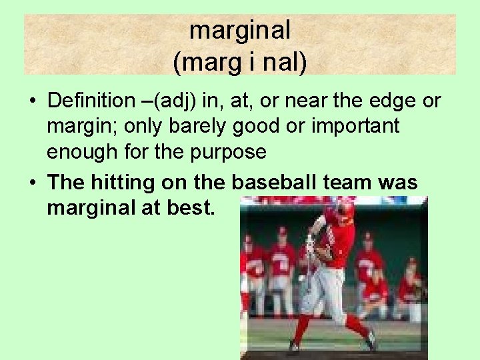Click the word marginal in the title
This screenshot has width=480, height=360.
click(x=240, y=30)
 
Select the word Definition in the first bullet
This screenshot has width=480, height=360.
click(x=91, y=101)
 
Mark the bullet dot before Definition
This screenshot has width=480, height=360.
click(x=32, y=102)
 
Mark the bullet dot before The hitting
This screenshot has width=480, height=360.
click(x=32, y=182)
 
